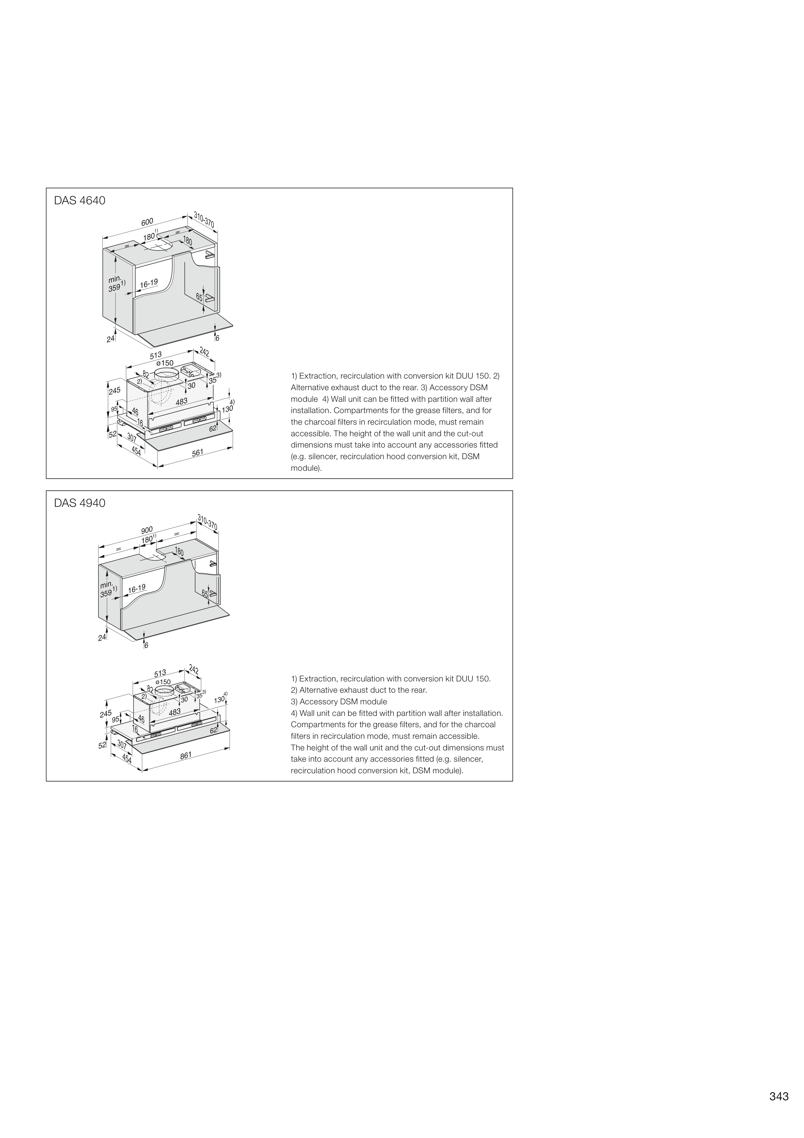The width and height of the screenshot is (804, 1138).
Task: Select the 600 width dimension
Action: pos(147,222)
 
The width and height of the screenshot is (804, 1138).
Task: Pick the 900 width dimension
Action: pos(147,530)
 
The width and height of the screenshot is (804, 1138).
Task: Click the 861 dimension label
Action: pos(186,755)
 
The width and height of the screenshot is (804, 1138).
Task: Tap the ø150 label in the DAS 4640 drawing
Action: pos(165,363)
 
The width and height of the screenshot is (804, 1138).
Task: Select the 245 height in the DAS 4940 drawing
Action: pos(106,714)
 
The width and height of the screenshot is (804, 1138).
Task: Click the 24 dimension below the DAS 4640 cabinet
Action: pos(110,339)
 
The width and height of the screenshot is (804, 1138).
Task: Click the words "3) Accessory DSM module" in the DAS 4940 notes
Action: pos(339,702)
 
